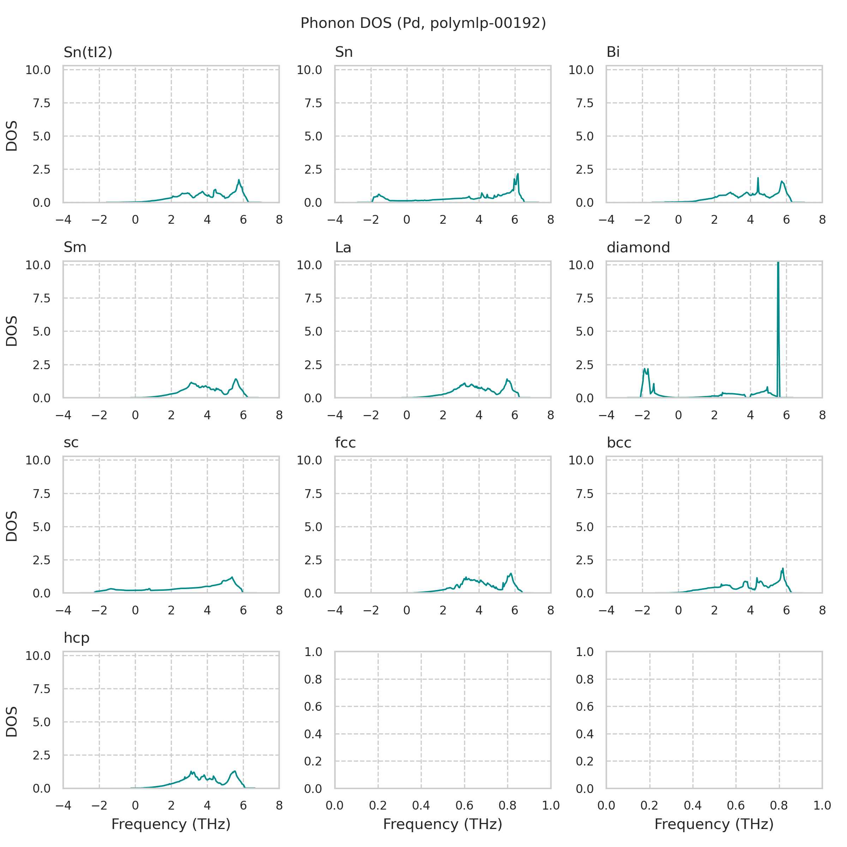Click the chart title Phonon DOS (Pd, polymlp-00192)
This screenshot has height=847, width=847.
[423, 23]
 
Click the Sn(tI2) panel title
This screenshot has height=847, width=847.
[88, 52]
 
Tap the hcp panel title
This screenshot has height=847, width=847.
[76, 638]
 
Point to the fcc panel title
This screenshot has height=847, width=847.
[345, 443]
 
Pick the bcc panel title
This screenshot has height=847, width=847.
[619, 443]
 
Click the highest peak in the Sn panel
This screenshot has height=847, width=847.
[518, 174]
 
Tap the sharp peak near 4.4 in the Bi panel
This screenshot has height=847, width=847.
[758, 179]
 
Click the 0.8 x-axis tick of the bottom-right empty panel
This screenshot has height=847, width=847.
[779, 805]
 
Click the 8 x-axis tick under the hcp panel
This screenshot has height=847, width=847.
[279, 805]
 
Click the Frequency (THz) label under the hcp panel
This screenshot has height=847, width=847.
[171, 824]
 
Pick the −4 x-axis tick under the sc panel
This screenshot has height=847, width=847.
[63, 610]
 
